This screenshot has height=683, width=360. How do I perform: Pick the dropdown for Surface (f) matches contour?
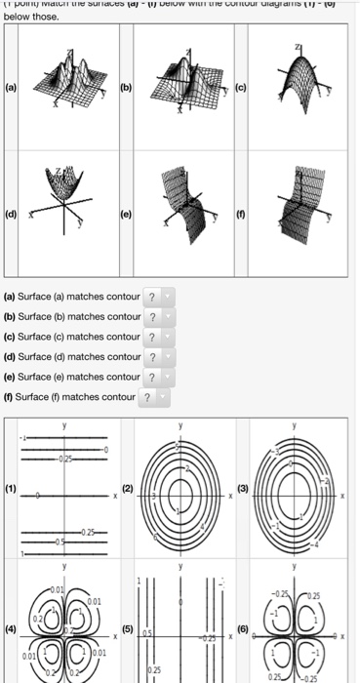tap(149, 397)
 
